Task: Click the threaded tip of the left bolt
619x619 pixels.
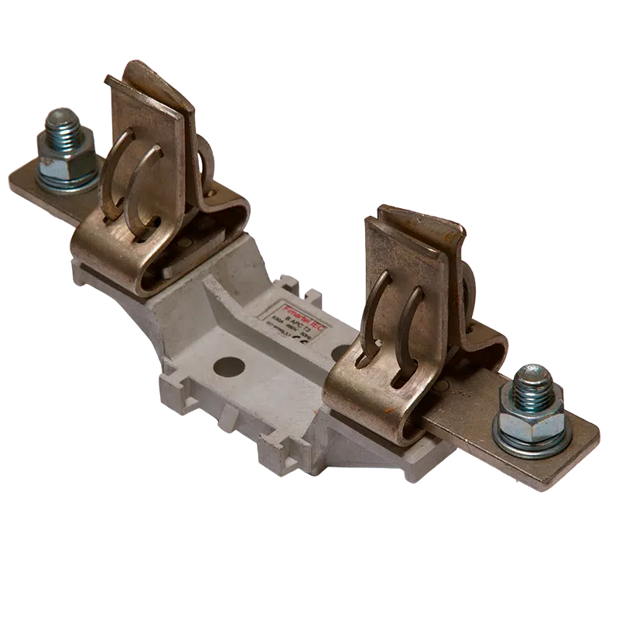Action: point(59,121)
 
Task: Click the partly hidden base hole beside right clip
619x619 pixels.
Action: point(340,352)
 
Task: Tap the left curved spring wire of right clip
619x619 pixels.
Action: point(374,309)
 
